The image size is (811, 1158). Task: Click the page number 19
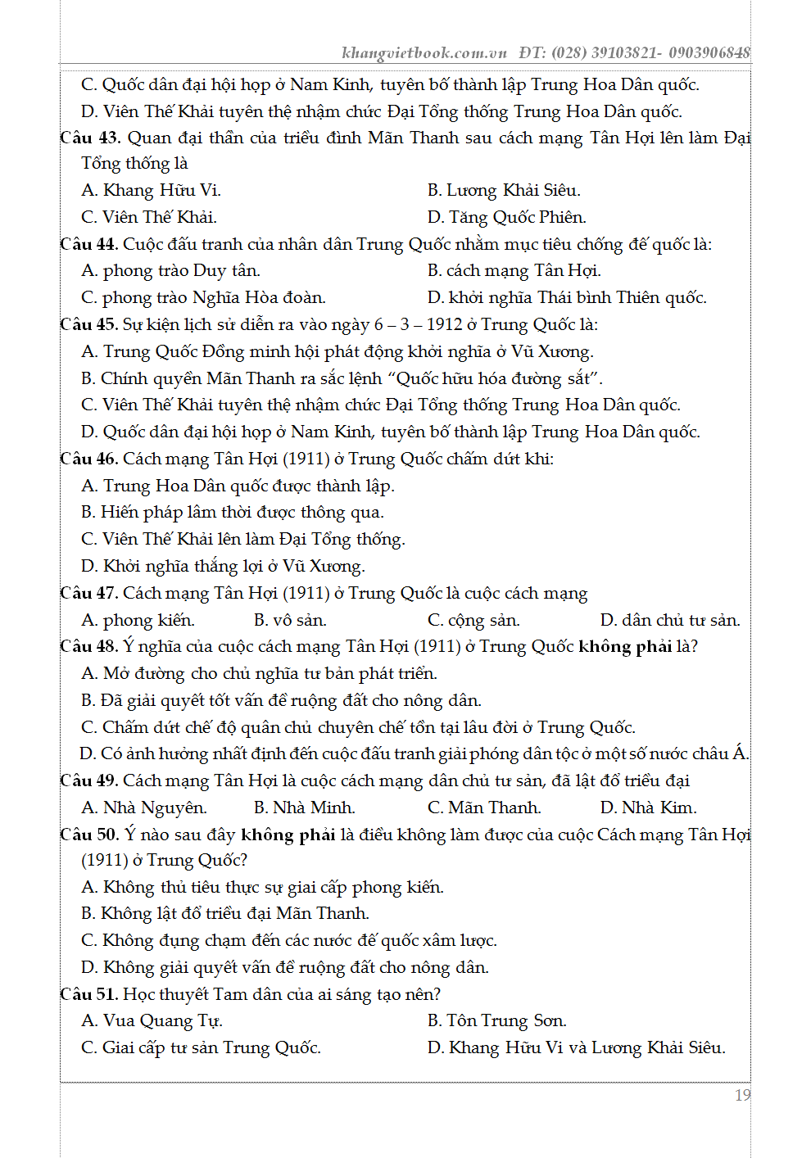(742, 1095)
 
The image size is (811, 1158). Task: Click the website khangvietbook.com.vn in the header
(424, 53)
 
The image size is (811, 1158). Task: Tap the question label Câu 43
(90, 138)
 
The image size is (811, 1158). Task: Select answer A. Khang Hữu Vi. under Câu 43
(152, 191)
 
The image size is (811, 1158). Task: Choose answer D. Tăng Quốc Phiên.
(506, 218)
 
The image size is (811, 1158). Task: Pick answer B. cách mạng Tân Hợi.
(514, 271)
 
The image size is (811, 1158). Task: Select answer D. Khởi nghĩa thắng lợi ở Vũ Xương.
(223, 567)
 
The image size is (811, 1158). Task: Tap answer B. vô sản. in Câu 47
(290, 621)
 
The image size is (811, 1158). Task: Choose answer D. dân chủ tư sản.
(669, 621)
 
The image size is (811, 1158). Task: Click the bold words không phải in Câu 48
(624, 647)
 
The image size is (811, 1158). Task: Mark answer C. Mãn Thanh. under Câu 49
(484, 808)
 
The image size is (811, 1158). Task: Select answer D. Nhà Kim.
(648, 808)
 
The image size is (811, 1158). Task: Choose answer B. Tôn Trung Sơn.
(496, 1021)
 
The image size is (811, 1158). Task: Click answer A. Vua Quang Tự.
(152, 1021)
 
